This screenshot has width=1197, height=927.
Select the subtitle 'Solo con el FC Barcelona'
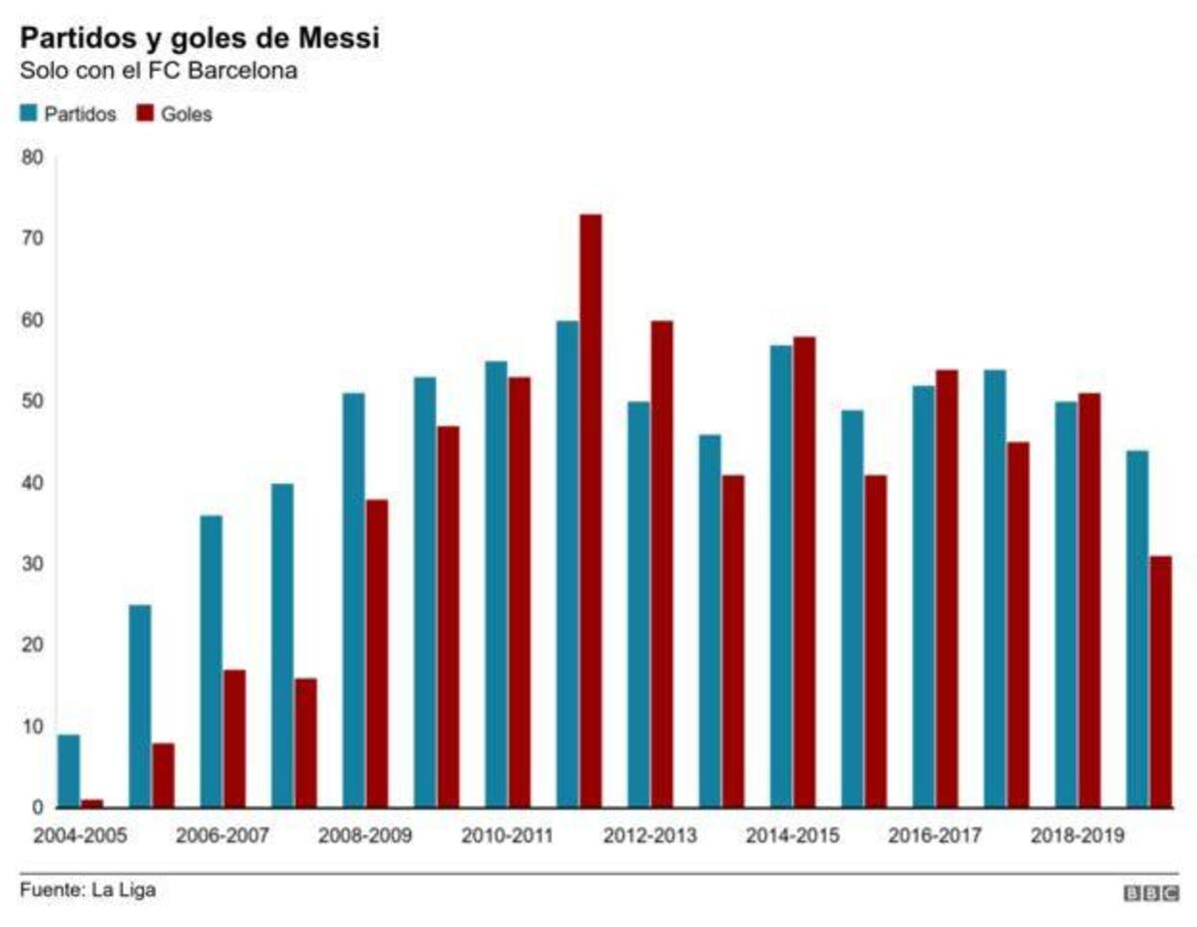tap(159, 73)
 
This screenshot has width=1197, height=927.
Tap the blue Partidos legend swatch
tap(28, 114)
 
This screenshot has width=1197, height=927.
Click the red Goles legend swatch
tap(145, 114)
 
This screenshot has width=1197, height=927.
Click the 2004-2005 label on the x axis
tap(80, 835)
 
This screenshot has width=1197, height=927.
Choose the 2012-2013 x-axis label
tap(649, 835)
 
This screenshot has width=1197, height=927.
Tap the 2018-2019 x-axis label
tap(1077, 835)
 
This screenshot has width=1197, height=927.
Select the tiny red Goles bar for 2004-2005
tap(92, 803)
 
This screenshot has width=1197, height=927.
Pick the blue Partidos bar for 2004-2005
tap(69, 771)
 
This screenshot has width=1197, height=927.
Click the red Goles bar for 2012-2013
tap(661, 564)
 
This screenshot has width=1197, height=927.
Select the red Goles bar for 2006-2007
tap(234, 738)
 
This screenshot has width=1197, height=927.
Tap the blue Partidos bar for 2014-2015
tap(781, 577)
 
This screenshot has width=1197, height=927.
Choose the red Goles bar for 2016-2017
tap(947, 589)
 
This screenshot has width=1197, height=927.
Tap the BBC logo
tap(1151, 894)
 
